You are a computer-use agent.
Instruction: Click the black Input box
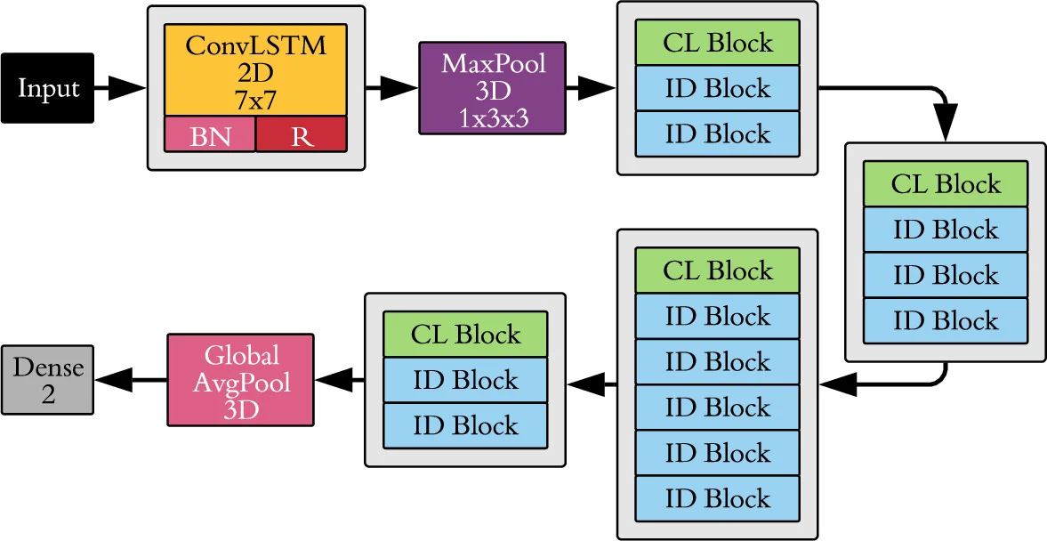click(48, 88)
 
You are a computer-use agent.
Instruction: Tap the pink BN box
click(210, 135)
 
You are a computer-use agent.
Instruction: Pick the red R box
click(302, 135)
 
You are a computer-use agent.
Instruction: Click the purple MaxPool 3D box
click(492, 88)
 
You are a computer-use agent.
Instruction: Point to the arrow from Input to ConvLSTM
click(119, 88)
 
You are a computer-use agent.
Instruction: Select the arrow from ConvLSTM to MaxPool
click(391, 88)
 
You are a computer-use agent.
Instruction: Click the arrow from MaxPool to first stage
click(591, 88)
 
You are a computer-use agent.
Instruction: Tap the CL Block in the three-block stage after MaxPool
click(717, 43)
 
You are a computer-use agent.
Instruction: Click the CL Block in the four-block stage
click(945, 184)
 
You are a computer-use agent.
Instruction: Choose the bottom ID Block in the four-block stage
click(945, 321)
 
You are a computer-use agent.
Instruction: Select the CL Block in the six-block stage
click(717, 270)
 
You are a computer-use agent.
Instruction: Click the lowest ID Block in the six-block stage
click(717, 499)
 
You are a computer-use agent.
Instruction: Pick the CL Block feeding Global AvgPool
click(464, 335)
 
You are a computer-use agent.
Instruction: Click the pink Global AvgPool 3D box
click(241, 380)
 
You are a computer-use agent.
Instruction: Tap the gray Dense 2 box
click(47, 380)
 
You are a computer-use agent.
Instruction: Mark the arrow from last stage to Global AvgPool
click(339, 380)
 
